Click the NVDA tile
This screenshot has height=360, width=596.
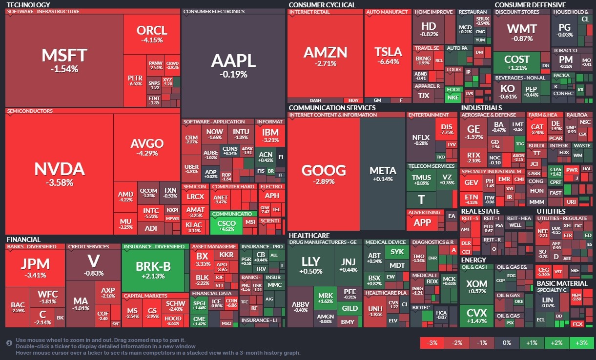click(59, 174)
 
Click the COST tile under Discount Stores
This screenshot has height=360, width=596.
click(517, 62)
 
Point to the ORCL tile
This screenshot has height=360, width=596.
click(152, 33)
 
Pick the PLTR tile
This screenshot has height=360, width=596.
click(135, 80)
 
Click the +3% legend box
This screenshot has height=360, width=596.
click(581, 342)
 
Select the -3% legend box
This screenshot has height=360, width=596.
click(432, 342)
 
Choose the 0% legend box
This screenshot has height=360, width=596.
click(507, 342)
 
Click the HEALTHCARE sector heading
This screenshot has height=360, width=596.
click(308, 235)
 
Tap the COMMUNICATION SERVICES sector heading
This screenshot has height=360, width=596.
click(332, 108)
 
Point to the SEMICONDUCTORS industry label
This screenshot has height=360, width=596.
click(30, 111)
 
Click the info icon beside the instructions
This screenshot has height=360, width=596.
click(9, 343)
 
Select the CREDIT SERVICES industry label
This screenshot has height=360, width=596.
click(88, 246)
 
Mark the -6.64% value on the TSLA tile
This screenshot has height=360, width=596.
click(388, 62)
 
